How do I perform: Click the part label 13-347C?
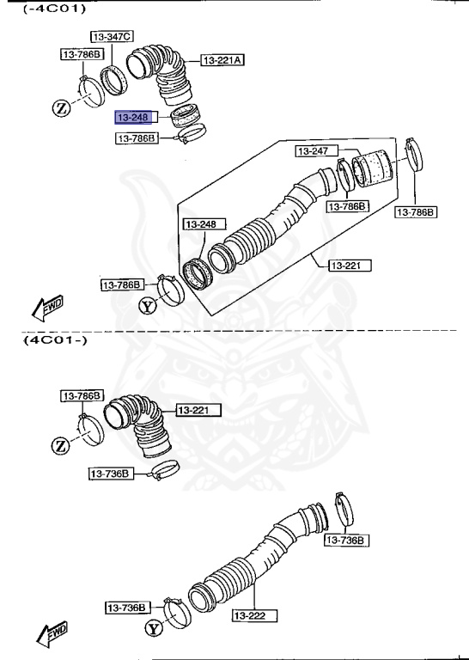(112, 36)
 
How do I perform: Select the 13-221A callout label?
(222, 60)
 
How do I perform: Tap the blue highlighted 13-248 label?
(133, 116)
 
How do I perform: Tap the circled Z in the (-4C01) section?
(61, 107)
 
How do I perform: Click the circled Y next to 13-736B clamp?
(153, 629)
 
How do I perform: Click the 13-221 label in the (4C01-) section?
(198, 410)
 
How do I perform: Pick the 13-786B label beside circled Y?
(121, 284)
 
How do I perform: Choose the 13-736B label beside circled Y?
(127, 608)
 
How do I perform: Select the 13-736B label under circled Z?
(110, 474)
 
